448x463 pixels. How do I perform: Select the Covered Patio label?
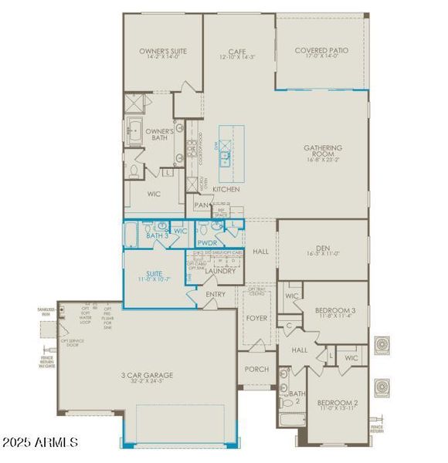click(321, 50)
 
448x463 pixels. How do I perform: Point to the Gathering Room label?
click(323, 151)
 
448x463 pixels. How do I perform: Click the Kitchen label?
click(226, 189)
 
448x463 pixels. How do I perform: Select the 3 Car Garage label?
click(146, 376)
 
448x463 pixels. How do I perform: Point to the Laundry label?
click(220, 271)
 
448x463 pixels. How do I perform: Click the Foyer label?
click(256, 316)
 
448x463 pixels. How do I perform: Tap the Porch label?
click(256, 369)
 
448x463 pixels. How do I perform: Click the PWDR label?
click(207, 242)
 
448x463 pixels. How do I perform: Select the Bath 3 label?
click(158, 235)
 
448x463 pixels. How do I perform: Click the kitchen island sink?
click(226, 155)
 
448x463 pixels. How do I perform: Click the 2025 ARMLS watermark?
click(40, 443)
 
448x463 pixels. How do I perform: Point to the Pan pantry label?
click(202, 205)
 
